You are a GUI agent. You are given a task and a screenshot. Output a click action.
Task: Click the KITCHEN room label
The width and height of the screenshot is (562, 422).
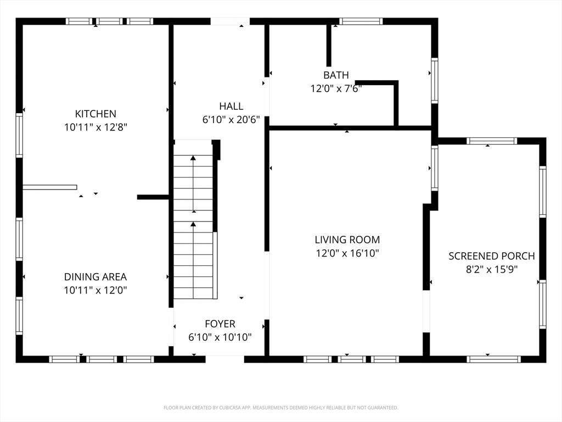[95, 114]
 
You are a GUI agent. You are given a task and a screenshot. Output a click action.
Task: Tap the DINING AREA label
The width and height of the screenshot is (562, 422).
[95, 277]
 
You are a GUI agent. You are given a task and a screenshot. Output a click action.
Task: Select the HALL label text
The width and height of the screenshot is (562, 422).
[231, 106]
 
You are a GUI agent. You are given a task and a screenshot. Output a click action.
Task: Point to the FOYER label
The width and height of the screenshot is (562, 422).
[220, 324]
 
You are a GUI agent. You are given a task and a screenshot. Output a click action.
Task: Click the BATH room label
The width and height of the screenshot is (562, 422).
[336, 75]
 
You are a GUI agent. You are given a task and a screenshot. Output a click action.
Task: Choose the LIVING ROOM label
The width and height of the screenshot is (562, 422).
[347, 240]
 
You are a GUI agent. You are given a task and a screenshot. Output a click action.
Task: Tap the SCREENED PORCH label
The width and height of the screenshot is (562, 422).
[492, 256]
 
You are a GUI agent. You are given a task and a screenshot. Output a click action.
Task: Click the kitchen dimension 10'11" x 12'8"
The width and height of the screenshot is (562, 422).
[95, 127]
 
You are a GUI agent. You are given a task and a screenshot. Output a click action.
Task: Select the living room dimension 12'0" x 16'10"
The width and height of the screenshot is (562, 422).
[347, 253]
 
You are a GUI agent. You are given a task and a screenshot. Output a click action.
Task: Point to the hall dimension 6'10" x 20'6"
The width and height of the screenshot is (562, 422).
[231, 119]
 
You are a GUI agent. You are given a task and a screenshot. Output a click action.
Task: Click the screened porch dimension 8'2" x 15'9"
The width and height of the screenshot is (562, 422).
[492, 269]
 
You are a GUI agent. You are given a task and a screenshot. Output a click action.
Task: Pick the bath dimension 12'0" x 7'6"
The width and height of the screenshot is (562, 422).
[336, 88]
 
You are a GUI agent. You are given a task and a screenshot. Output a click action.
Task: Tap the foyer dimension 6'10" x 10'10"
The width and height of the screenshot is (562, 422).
[220, 337]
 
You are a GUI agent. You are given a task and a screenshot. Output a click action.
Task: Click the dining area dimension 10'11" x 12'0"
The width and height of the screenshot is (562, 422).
[95, 290]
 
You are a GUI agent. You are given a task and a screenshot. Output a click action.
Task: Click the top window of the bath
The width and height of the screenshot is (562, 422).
[361, 21]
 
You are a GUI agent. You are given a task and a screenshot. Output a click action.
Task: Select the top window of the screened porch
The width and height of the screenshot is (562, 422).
[492, 141]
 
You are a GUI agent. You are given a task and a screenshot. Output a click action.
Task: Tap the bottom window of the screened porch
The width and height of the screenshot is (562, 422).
[493, 359]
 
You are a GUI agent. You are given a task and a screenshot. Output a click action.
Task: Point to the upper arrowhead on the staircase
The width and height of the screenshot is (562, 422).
[193, 158]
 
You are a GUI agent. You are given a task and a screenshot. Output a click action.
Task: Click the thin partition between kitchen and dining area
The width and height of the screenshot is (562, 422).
[50, 187]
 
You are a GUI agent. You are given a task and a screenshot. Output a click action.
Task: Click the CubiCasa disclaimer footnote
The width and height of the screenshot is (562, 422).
[280, 408]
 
